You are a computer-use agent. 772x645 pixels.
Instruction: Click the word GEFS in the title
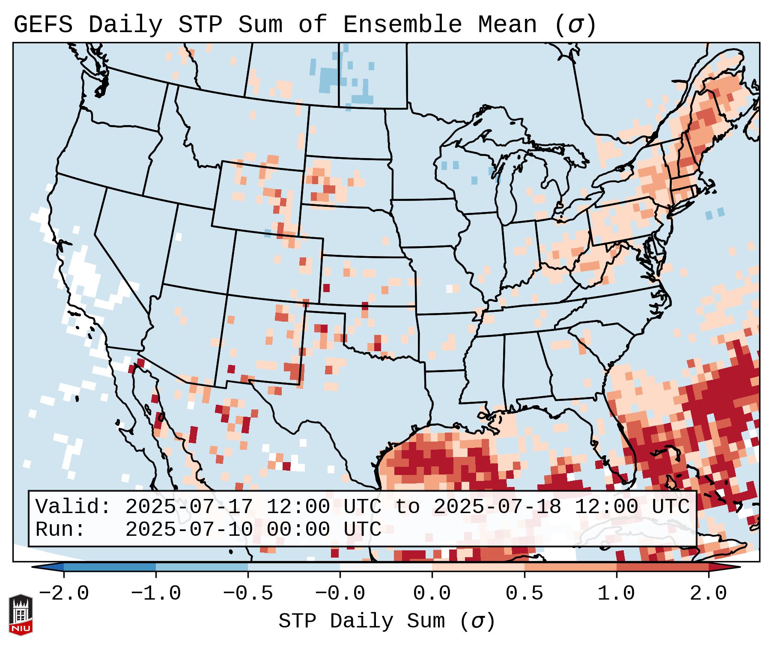pos(43,24)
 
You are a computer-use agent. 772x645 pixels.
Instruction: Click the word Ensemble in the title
pos(402,24)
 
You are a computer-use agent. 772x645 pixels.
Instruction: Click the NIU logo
pos(21,615)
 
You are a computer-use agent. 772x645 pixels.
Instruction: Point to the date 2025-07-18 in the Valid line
pos(498,507)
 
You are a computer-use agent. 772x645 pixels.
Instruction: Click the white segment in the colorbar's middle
pos(386,567)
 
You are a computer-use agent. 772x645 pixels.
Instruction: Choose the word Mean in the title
pos(507,24)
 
